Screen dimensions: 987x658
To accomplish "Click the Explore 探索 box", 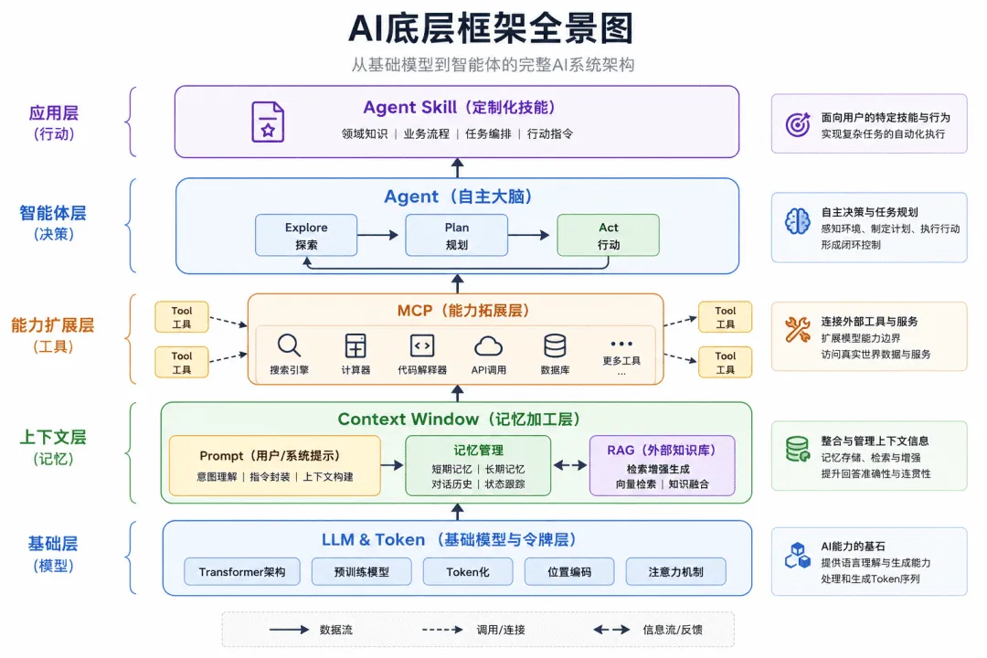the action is (306, 235).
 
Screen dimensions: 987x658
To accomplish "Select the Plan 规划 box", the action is (456, 235).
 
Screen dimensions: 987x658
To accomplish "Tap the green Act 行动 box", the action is (608, 235).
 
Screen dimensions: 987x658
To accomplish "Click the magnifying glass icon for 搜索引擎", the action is (289, 345).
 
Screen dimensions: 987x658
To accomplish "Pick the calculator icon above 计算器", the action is (356, 345).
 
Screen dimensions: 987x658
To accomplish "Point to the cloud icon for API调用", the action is (488, 346).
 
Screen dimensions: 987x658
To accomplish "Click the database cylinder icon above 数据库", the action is (556, 345).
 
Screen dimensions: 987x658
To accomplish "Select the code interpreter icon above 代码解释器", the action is (421, 345).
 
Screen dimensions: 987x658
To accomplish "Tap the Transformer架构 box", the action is (242, 572).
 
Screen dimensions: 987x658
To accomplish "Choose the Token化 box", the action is (468, 572).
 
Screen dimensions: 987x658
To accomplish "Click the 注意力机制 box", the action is (675, 572).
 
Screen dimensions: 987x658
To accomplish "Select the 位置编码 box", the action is (569, 572).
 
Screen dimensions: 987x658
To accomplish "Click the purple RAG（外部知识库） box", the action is (663, 466).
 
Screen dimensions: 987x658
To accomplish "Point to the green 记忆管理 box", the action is (478, 466).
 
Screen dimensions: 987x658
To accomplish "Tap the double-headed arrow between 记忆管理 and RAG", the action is (570, 465).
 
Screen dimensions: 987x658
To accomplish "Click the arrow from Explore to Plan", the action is (377, 235).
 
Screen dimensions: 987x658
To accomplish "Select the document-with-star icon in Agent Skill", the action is (268, 122).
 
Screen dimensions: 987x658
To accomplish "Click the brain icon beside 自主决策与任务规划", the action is (798, 221).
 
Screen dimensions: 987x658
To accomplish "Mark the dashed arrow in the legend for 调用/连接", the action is (442, 629).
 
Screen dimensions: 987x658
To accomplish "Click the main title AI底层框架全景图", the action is (491, 28).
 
